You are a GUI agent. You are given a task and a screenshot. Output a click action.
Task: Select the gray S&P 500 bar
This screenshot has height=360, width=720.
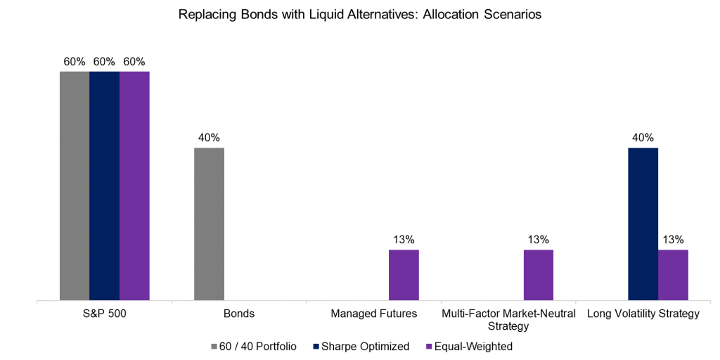74,186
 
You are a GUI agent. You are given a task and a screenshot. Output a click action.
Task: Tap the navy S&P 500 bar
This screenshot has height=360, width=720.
104,186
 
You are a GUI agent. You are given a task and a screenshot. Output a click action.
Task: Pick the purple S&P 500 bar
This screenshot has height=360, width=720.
134,186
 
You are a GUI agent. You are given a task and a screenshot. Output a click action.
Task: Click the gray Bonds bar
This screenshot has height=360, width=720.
209,224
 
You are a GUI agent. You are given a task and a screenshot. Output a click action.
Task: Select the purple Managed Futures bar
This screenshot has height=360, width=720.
404,275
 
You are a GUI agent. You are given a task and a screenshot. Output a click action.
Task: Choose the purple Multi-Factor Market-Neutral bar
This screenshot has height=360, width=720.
539,275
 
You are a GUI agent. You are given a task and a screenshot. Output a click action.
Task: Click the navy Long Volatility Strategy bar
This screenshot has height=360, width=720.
643,224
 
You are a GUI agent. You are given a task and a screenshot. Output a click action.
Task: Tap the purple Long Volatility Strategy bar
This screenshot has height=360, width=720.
673,275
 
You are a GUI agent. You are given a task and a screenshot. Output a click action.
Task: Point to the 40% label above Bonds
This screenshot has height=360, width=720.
209,137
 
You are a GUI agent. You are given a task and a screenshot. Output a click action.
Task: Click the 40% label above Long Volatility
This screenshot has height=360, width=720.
643,137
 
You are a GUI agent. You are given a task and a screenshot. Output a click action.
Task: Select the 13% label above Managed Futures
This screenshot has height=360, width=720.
404,239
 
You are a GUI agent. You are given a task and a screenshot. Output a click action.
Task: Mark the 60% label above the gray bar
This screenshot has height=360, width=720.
74,61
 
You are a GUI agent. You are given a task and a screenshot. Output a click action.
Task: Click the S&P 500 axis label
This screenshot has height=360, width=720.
104,314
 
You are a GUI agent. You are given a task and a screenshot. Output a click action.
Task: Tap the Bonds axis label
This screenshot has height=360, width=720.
239,314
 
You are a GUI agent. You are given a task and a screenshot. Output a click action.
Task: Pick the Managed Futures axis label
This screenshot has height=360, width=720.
373,314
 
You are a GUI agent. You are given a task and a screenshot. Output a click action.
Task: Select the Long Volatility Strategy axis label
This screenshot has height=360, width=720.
643,314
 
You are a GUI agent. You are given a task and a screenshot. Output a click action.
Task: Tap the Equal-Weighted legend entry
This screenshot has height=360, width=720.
469,346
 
